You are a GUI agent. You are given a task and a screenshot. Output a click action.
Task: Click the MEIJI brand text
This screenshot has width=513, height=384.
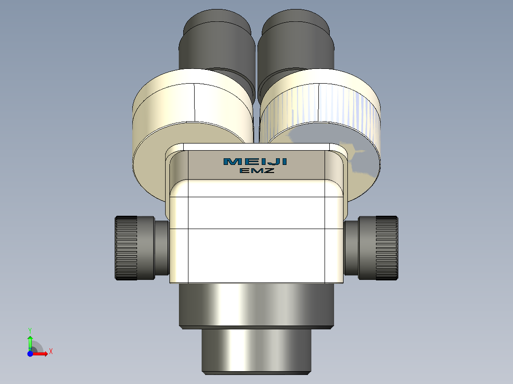tap(255, 162)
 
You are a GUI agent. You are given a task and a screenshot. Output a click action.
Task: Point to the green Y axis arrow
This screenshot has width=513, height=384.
tap(30, 341)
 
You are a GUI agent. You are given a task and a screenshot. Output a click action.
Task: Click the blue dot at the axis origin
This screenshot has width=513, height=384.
tap(30, 354)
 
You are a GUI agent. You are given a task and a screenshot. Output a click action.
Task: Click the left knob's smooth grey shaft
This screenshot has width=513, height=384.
tap(162, 247)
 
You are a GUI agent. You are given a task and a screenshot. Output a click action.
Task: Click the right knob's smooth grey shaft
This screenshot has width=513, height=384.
tap(351, 247)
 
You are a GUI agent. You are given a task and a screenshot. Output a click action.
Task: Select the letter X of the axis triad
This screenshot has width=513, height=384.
tap(51, 351)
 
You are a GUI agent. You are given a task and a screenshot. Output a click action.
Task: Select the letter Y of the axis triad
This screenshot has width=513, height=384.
tap(30, 329)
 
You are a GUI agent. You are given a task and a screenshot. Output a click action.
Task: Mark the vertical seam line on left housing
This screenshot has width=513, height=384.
tap(195, 102)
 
